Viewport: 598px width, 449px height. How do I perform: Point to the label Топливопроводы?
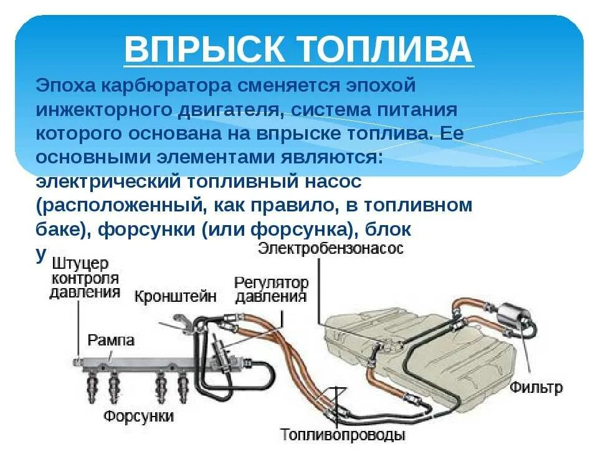tap(343, 434)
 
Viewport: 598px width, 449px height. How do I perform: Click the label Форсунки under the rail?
tap(138, 415)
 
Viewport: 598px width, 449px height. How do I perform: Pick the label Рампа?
tap(111, 340)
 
